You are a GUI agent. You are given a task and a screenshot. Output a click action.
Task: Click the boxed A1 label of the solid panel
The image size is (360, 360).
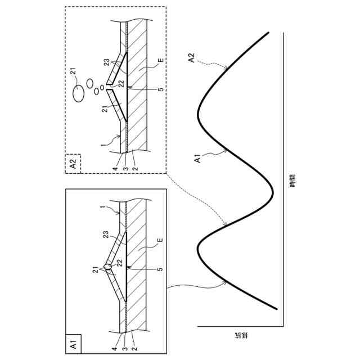coord(74,343)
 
